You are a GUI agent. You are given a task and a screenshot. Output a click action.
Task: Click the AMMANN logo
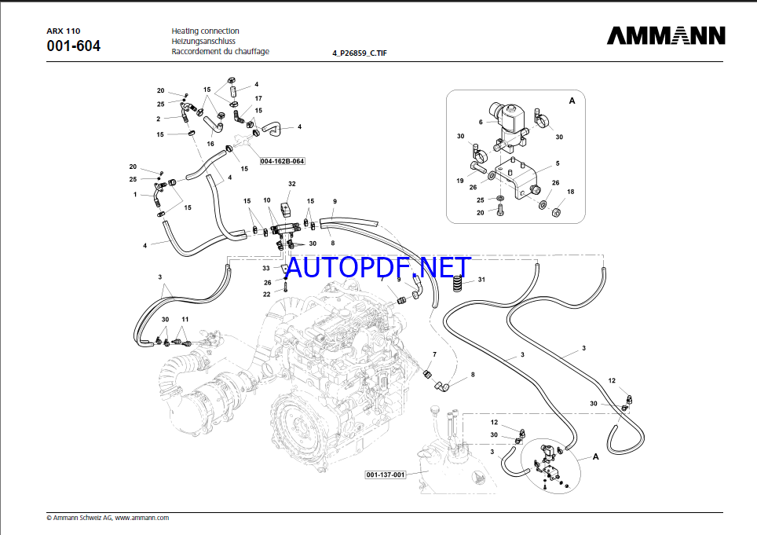pyautogui.click(x=666, y=36)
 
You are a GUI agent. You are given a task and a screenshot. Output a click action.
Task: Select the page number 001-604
pyautogui.click(x=74, y=46)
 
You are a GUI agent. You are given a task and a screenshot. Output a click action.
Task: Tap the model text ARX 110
pyautogui.click(x=64, y=31)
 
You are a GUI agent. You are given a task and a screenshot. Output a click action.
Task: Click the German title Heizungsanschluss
pyautogui.click(x=205, y=41)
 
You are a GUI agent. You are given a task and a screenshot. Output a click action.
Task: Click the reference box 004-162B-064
pyautogui.click(x=282, y=161)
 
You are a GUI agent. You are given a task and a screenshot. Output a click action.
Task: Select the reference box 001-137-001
pyautogui.click(x=386, y=475)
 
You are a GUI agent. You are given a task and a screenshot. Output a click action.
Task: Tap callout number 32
pyautogui.click(x=291, y=184)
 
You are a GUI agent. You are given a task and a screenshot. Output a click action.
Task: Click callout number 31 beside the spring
pyautogui.click(x=481, y=280)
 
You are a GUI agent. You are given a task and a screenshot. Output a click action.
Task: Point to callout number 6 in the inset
pyautogui.click(x=481, y=122)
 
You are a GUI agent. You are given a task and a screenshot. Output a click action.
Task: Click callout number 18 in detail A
pyautogui.click(x=571, y=192)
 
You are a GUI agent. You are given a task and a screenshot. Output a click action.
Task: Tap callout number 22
pyautogui.click(x=266, y=294)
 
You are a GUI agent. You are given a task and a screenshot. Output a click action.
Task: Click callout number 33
pyautogui.click(x=266, y=269)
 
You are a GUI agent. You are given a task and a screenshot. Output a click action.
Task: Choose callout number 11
pyautogui.click(x=185, y=319)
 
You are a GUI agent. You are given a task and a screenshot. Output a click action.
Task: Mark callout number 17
pyautogui.click(x=258, y=98)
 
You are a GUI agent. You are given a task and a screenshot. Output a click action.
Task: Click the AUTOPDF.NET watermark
pyautogui.click(x=378, y=268)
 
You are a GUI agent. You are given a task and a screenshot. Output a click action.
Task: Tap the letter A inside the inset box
pyautogui.click(x=572, y=101)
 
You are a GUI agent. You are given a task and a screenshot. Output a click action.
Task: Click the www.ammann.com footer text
pyautogui.click(x=143, y=518)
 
